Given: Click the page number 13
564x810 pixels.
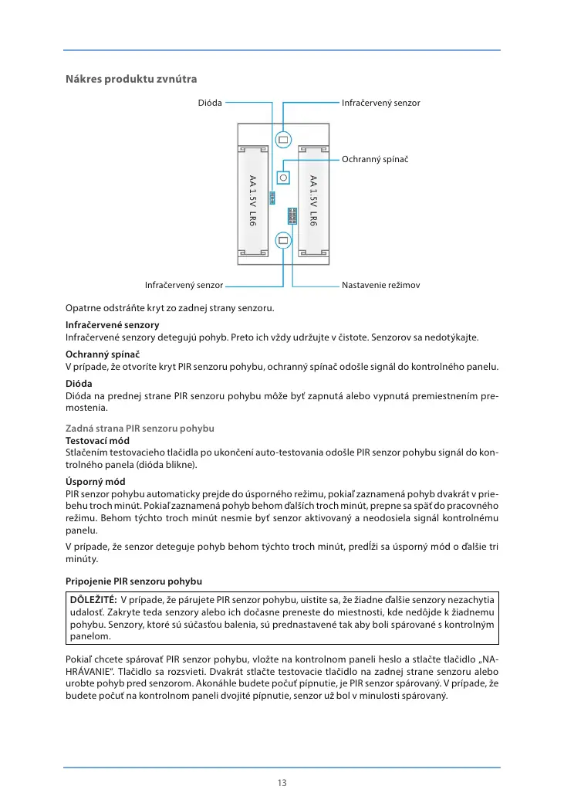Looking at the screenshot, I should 282,783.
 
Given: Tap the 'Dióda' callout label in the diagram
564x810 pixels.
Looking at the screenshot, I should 210,102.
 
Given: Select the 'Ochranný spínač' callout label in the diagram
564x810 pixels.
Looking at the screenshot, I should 374,158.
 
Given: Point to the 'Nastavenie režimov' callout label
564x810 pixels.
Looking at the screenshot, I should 380,285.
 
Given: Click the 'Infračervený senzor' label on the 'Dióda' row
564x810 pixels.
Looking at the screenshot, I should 380,102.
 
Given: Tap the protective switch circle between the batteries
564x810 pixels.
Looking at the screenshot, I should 283,177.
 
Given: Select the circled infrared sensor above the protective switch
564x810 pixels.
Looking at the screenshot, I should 283,140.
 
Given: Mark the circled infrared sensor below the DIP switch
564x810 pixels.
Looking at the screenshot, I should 283,240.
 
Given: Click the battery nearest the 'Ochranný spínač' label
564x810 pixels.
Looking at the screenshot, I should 313,201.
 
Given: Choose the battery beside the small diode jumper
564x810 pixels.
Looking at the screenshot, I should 252,201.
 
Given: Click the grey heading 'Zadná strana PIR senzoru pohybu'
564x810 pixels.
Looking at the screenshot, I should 139,428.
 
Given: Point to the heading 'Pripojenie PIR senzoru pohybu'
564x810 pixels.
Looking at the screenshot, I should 134,580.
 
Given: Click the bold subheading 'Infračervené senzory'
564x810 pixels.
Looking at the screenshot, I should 112,325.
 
